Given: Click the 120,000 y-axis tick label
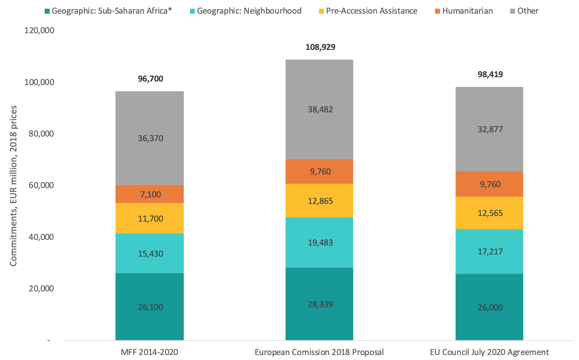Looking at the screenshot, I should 39,30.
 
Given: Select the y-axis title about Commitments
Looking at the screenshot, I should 13,186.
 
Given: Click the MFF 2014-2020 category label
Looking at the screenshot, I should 150,352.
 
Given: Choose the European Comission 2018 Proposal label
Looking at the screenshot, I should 319,352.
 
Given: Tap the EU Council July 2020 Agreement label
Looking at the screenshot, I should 489,352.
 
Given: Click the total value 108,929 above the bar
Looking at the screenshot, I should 320,47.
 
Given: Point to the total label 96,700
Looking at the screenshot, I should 150,79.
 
